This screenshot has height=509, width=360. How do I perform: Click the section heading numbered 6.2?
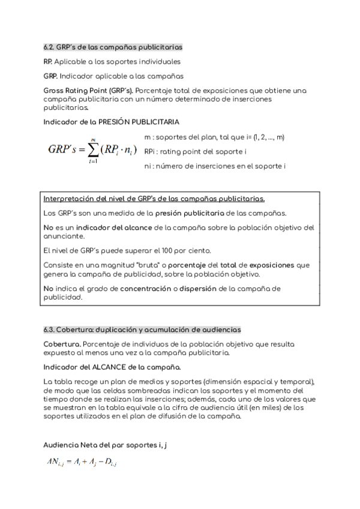coord(113,46)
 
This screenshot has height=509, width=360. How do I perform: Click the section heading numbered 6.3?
coord(142,330)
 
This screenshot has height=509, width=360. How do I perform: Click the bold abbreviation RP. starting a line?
coord(47,61)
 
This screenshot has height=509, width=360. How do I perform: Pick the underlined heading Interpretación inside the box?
coord(154,198)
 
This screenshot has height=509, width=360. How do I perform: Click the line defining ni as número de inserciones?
coord(214,165)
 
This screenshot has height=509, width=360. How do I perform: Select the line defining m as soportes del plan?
coord(214,137)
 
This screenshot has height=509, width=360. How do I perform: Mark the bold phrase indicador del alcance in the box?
coord(105,227)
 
